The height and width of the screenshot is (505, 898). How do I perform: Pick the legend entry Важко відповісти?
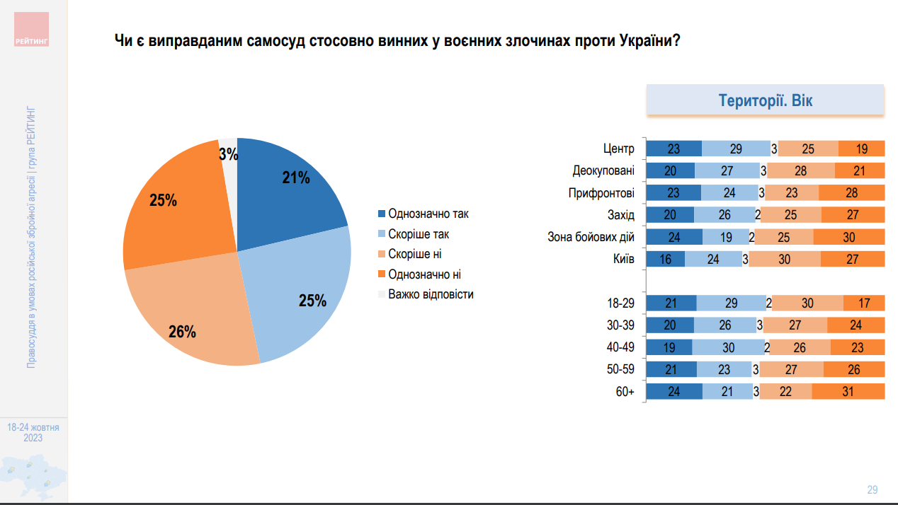coord(431,294)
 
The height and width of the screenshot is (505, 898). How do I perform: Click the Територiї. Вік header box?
coord(766,100)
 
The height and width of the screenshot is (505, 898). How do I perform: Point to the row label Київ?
coord(623,259)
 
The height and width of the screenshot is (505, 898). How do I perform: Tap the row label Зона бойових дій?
coord(591,237)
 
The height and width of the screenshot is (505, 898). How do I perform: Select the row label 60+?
coord(625,392)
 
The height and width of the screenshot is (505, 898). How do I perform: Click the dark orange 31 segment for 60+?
coord(848,392)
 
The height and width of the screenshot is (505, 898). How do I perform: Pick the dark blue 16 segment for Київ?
coord(666,259)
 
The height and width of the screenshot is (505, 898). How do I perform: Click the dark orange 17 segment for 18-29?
coord(864,303)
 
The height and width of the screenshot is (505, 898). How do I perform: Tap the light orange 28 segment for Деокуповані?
coord(801,170)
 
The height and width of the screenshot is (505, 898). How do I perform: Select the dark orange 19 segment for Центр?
coord(862,149)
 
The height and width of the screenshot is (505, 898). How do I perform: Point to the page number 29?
coord(873,489)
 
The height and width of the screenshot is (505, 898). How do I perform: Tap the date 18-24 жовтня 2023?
coord(33,433)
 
